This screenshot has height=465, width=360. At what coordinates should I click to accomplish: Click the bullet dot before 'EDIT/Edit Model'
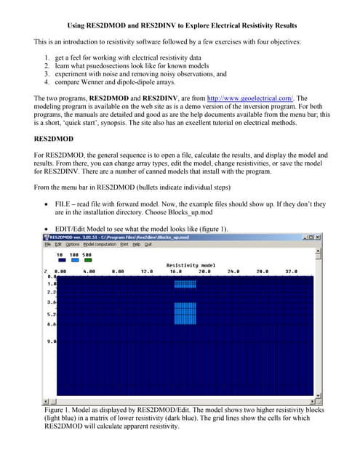click(47, 230)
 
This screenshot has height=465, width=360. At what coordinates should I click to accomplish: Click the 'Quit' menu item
click(148, 244)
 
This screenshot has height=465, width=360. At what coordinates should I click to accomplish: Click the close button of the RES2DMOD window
click(316, 237)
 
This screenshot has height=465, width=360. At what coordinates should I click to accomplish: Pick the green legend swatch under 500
click(88, 260)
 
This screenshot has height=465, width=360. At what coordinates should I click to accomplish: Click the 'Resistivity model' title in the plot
click(191, 265)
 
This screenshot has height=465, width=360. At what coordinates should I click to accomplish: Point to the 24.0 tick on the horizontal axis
click(254, 271)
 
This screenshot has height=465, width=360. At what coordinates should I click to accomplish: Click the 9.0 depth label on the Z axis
click(50, 340)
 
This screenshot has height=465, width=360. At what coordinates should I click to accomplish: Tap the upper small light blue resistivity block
click(185, 283)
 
